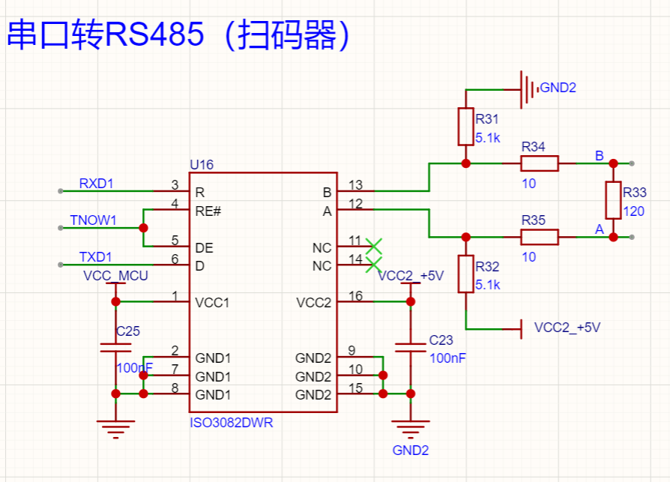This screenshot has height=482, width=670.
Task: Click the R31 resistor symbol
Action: [x=465, y=127]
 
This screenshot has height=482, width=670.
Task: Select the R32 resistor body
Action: [x=465, y=274]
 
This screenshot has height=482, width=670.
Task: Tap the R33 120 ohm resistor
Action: [x=613, y=200]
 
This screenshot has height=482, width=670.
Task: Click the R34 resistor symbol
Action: [x=540, y=163]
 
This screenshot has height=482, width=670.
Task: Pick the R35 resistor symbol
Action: [x=540, y=237]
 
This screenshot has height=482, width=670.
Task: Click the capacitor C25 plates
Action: [x=115, y=347]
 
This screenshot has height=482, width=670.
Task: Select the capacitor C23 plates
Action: [x=410, y=347]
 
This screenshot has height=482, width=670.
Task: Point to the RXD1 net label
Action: [x=97, y=184]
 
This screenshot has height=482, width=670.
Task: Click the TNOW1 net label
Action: [x=93, y=220]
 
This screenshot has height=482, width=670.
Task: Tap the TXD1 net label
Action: [x=96, y=257]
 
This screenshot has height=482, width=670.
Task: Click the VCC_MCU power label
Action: [x=115, y=276]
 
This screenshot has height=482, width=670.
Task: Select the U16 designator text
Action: [x=202, y=164]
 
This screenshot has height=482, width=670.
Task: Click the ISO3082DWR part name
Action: [x=231, y=424]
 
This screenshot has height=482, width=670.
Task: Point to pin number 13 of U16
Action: [x=355, y=185]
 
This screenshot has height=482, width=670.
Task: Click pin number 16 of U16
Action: [x=355, y=296]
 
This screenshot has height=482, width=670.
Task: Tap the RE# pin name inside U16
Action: [x=208, y=211]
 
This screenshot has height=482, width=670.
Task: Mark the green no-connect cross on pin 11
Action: [x=373, y=245]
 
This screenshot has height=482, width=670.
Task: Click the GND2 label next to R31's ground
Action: [x=558, y=88]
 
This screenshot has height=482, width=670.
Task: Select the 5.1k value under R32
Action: [x=487, y=285]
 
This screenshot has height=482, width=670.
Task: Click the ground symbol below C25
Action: [x=115, y=431]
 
